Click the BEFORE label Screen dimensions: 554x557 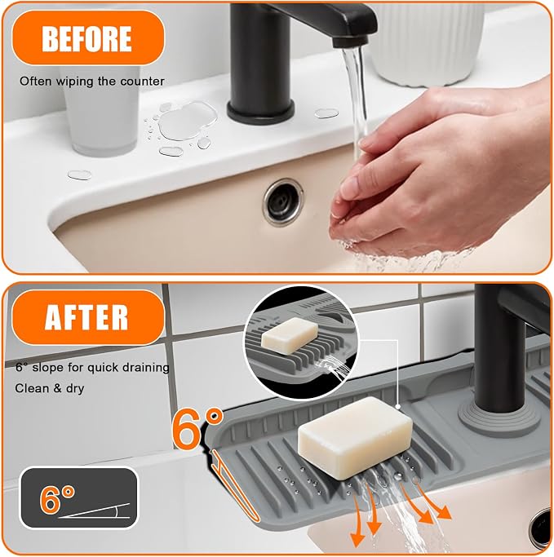click(87, 38)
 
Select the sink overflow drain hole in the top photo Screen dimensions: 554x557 click(283, 201)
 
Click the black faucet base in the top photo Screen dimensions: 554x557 click(260, 111)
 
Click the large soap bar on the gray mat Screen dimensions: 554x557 click(355, 437)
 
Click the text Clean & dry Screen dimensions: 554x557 click(50, 388)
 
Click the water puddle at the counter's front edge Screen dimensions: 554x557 click(80, 175)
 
